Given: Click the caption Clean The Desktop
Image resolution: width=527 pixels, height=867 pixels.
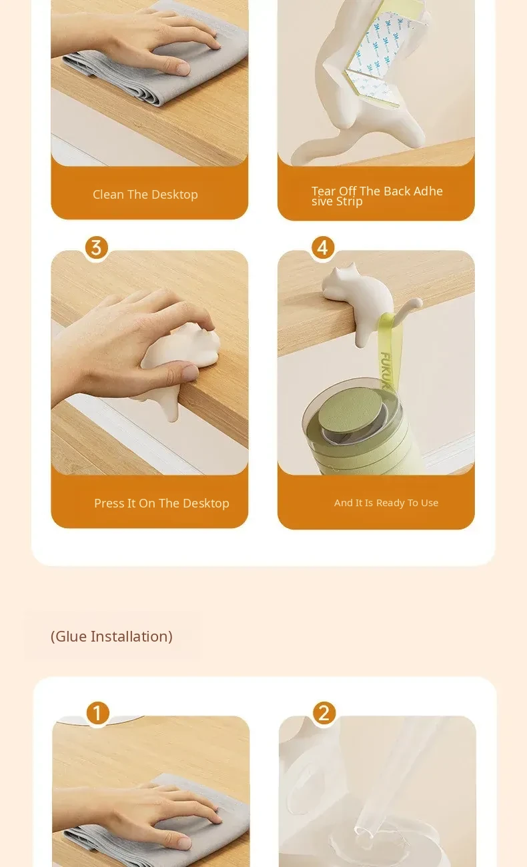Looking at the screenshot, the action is (x=145, y=194).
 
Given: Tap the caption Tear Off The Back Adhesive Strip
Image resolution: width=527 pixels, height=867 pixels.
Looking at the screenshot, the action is (x=377, y=196).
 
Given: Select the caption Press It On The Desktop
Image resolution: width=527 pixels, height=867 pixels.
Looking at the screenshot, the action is (x=161, y=503).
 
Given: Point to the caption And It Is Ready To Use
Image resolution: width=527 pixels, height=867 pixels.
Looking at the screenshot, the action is (x=386, y=503).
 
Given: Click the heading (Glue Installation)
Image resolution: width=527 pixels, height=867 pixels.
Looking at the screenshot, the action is (x=111, y=636).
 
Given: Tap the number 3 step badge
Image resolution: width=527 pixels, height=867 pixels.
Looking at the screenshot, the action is (x=97, y=247).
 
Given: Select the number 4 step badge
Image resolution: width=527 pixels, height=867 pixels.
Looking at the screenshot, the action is (x=323, y=247).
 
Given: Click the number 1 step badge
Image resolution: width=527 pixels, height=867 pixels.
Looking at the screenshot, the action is (x=97, y=713).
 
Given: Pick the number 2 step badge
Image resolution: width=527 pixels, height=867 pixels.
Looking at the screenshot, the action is (x=324, y=713).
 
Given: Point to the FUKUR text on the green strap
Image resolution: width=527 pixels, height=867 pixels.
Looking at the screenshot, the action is (x=386, y=371).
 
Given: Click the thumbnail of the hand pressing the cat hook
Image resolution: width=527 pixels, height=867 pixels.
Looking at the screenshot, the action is (x=149, y=363).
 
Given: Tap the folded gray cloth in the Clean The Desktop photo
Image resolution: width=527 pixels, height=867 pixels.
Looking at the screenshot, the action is (x=163, y=58).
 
